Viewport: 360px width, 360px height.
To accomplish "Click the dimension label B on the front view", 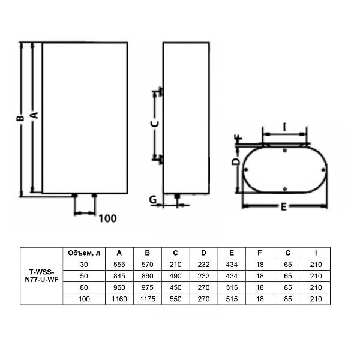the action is coord(20,118).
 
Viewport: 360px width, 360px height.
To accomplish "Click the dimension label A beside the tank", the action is coord(34,115).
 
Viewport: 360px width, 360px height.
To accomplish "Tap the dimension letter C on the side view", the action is coord(155,124).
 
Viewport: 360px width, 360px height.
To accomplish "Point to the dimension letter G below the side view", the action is coord(153,200).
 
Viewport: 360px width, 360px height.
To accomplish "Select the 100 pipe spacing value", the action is coord(107,218).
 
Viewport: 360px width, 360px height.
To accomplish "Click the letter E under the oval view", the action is coord(284,207).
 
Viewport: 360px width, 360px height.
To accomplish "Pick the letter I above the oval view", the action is coord(284,127).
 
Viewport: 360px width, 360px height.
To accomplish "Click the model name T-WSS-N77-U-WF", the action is coord(41,276).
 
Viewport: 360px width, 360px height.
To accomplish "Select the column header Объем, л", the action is coord(84,253).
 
